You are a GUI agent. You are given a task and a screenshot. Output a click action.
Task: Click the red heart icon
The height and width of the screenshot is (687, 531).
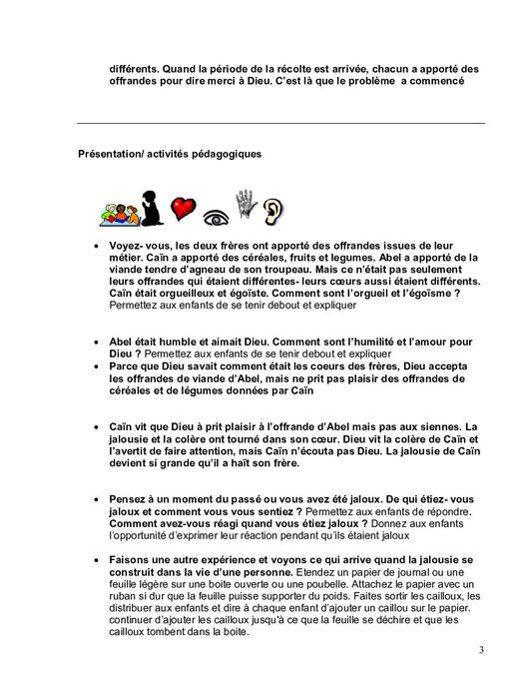pyautogui.click(x=182, y=207)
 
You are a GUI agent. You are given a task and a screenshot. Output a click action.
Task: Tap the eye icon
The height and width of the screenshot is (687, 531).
pyautogui.click(x=215, y=212)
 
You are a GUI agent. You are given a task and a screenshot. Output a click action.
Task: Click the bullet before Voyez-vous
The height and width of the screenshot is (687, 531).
pyautogui.click(x=95, y=244)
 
